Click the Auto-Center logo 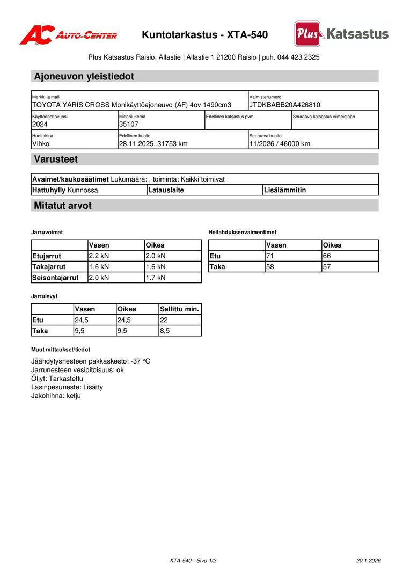68,35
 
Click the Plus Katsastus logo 341,34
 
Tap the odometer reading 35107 129,124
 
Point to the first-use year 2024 40,124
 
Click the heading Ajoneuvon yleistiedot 84,76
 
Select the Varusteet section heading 56,159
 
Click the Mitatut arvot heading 63,206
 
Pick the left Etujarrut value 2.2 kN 99,256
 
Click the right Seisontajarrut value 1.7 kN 156,278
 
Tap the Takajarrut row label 49,266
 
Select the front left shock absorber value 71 270,256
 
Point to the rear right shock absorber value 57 327,266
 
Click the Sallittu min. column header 179,309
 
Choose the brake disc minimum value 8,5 165,331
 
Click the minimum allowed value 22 164,320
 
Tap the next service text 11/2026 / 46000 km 280,143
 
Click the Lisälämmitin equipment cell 285,190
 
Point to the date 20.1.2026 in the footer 368,560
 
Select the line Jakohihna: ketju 56,396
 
